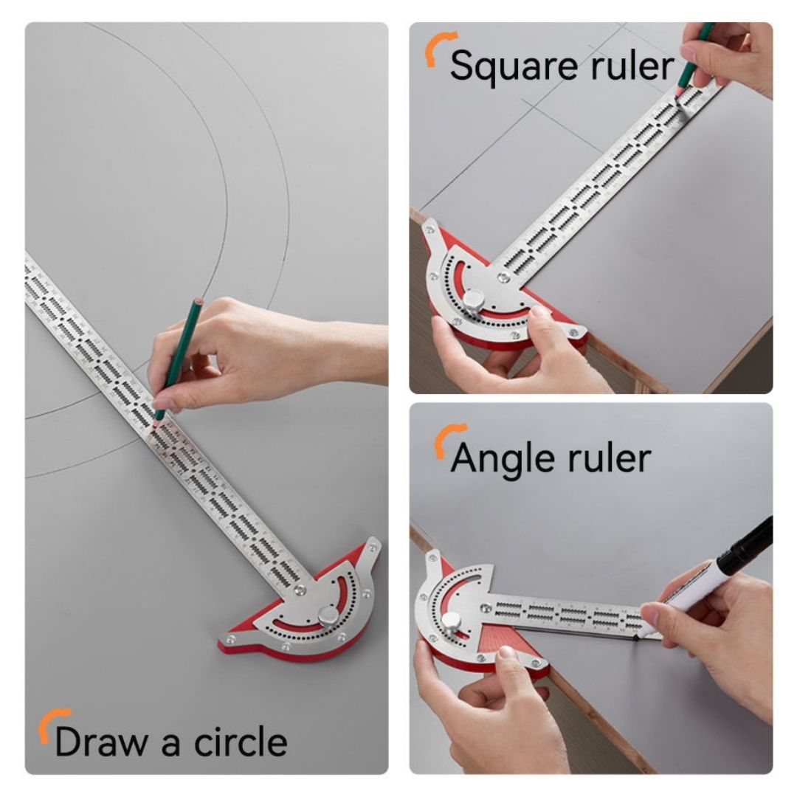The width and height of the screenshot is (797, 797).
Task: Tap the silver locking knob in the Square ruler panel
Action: click(x=473, y=300)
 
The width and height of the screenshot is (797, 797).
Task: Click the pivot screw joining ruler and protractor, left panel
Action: click(x=300, y=590)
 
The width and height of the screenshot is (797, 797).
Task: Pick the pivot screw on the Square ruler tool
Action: click(x=503, y=277)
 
